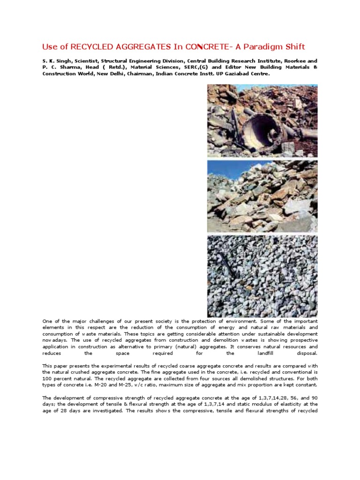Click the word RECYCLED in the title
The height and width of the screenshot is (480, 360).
click(89, 46)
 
